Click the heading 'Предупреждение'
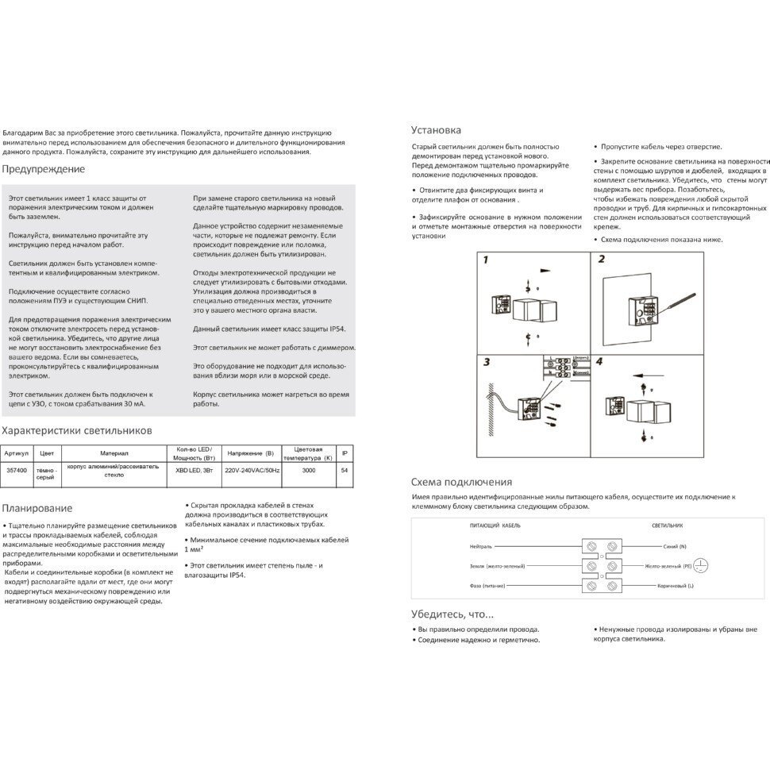(43, 169)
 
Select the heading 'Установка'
(436, 129)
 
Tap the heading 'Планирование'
(37, 508)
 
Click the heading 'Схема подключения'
(461, 482)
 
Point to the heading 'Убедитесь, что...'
(452, 614)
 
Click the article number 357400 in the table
(17, 470)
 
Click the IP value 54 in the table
(344, 470)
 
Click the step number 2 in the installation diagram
(601, 260)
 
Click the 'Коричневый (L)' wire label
(669, 585)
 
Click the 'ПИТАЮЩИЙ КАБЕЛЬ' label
(495, 526)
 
